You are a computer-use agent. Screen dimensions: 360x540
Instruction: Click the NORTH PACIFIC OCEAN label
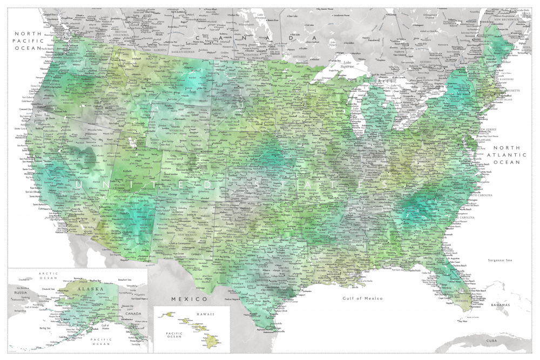click(28, 40)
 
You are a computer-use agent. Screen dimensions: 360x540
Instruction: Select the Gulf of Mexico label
click(362, 298)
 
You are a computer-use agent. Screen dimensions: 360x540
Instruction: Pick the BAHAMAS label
click(500, 305)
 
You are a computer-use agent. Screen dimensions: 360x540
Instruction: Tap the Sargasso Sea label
click(499, 261)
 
